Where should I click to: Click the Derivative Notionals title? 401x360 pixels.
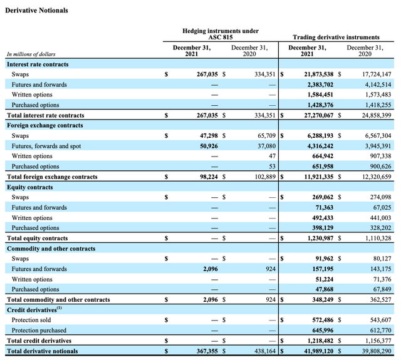point(36,11)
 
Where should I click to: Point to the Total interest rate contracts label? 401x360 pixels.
point(45,115)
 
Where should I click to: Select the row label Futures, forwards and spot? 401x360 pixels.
point(46,146)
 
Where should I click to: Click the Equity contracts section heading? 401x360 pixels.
point(30,187)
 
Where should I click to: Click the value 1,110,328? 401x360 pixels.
point(375,239)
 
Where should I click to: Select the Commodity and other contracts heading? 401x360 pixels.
point(51,249)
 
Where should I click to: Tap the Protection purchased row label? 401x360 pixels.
point(40,331)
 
